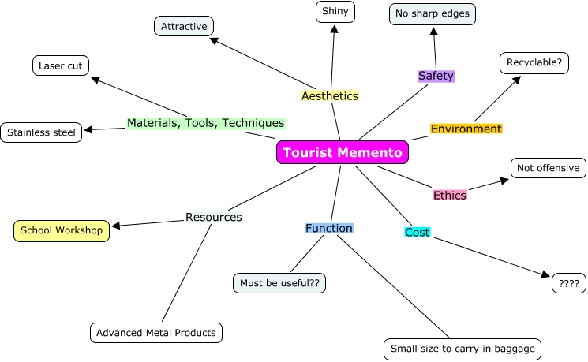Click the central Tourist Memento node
[x=343, y=152]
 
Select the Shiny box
[x=335, y=12]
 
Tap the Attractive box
[x=184, y=26]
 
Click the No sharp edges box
[x=433, y=13]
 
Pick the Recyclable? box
[x=534, y=62]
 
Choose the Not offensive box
[x=548, y=168]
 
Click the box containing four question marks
[x=568, y=283]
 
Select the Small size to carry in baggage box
[x=463, y=349]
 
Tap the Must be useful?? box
[x=280, y=282]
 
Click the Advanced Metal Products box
[x=155, y=333]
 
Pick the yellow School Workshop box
[x=62, y=230]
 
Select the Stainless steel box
[x=41, y=132]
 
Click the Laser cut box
[x=61, y=65]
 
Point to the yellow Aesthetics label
[x=330, y=95]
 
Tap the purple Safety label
[x=436, y=76]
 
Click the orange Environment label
[x=466, y=129]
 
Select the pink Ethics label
[x=449, y=195]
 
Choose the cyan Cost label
[x=417, y=232]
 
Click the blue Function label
[x=329, y=228]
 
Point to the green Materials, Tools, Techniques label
[x=205, y=123]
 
